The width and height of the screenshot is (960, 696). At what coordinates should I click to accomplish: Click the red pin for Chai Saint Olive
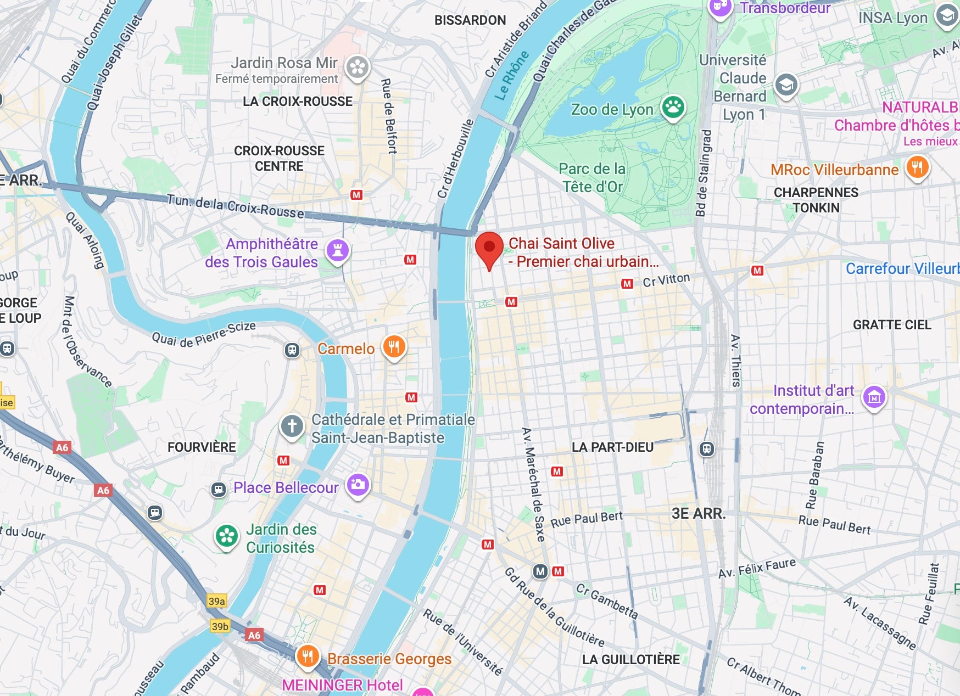[x=489, y=248]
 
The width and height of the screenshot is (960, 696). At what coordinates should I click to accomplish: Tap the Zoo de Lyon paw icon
[x=673, y=106]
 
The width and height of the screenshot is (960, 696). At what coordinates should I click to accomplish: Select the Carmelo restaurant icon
[x=394, y=346]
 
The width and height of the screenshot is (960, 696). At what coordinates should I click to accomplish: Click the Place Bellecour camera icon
[x=358, y=485]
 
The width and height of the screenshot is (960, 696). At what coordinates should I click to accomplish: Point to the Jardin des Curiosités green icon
[x=227, y=536]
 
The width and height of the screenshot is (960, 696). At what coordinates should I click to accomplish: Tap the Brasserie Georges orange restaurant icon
[x=308, y=656]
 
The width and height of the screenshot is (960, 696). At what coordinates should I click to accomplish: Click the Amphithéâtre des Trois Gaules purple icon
[x=338, y=251]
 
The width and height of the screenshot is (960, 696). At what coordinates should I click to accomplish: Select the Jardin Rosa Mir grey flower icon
[x=358, y=68]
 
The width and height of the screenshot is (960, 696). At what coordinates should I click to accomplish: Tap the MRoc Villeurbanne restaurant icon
[x=917, y=166]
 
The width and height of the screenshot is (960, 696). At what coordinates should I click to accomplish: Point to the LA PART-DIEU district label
[x=612, y=447]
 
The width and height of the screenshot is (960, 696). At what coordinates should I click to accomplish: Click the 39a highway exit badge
[x=217, y=601]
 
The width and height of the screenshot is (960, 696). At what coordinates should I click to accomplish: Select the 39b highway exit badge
[x=220, y=626]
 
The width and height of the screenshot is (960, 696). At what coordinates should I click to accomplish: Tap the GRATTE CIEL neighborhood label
[x=892, y=325]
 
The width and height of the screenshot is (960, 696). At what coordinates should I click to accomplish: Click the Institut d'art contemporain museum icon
[x=874, y=396]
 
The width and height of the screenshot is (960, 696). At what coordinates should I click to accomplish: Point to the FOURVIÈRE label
[x=202, y=447]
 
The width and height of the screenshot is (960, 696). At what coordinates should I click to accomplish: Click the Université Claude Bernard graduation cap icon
[x=786, y=85]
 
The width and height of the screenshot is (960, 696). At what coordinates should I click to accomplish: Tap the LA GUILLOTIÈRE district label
[x=630, y=659]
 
